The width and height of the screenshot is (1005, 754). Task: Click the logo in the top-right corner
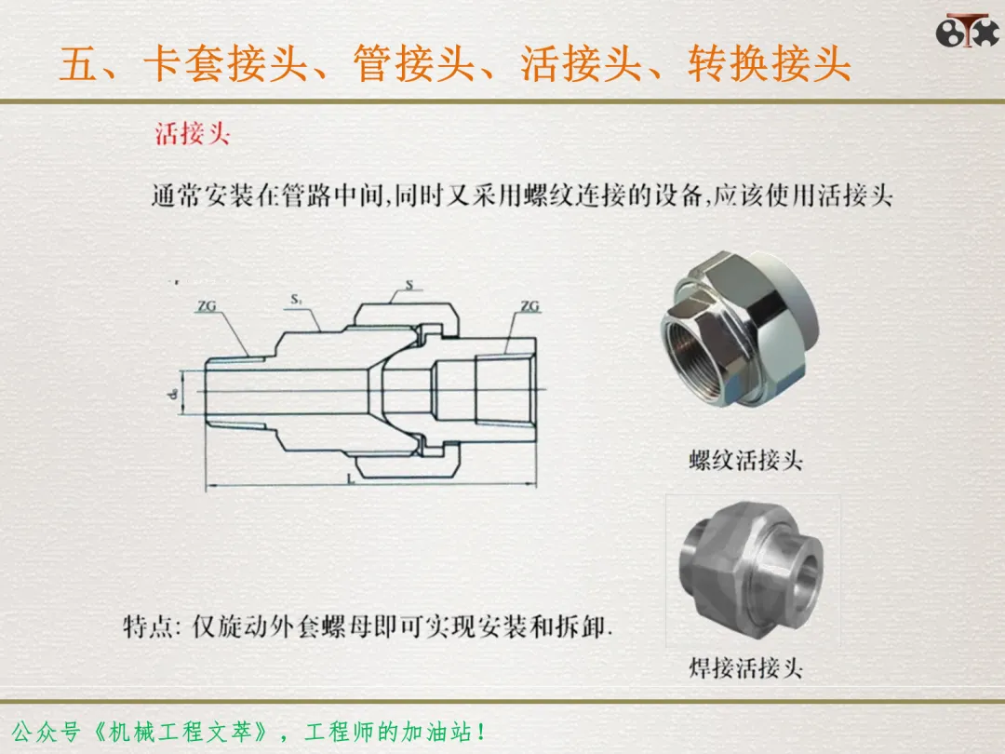point(967,30)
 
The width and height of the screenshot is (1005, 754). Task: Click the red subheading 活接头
point(193,134)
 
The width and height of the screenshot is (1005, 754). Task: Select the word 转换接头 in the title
point(770,63)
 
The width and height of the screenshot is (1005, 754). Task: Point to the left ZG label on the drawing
point(207,306)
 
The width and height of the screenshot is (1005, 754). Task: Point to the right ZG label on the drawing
point(530,306)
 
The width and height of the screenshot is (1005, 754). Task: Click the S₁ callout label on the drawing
point(296,299)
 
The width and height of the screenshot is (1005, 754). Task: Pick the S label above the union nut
point(409,285)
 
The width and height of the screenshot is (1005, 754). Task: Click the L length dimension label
point(351,478)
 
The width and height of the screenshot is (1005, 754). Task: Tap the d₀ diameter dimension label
point(172,393)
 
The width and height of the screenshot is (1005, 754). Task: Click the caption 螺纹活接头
point(746,460)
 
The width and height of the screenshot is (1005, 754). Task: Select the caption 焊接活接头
point(746,667)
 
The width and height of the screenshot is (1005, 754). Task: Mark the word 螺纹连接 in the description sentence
point(573,195)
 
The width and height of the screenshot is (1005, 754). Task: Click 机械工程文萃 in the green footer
point(180,732)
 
